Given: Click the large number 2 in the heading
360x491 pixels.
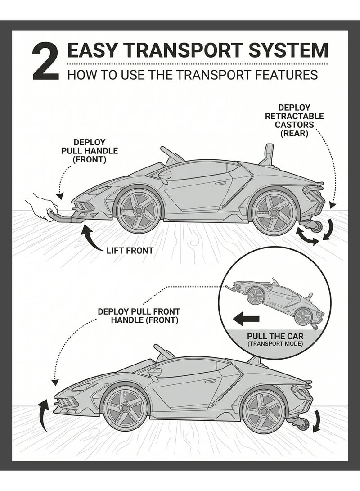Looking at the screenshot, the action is pos(45,61).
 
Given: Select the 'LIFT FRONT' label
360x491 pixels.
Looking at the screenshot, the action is pos(130,251).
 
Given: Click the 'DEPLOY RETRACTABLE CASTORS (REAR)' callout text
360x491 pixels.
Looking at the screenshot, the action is pos(294,121).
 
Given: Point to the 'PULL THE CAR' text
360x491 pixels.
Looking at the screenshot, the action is pos(275,336).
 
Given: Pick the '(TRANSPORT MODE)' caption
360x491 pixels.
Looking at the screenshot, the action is pos(275,344).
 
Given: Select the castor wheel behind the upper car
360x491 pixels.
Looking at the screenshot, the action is pos(317,226).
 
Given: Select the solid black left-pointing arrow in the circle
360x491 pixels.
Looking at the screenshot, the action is pos(246,319).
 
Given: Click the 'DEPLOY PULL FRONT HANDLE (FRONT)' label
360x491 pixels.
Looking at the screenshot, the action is pos(139,316).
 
